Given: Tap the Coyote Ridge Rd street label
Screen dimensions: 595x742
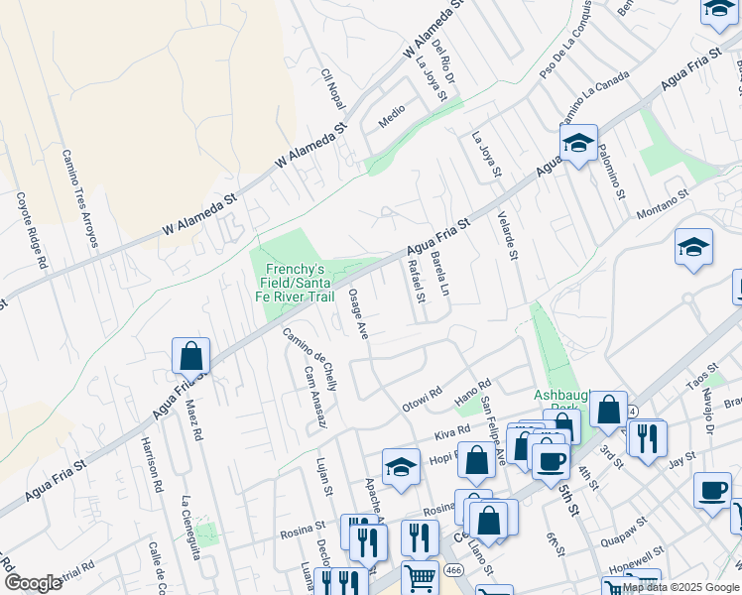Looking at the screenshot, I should coord(31,230).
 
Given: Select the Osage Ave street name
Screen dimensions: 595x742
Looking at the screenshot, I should coord(358,314).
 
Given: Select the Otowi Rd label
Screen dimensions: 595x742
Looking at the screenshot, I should coord(420,400).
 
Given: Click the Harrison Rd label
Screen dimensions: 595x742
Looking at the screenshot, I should coord(152,465).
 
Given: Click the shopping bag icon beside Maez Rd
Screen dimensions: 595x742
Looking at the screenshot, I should coord(190,356).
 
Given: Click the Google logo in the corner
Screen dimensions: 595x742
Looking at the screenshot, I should coord(33,583).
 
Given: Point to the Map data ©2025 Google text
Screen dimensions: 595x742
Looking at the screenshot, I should coord(680,588).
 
